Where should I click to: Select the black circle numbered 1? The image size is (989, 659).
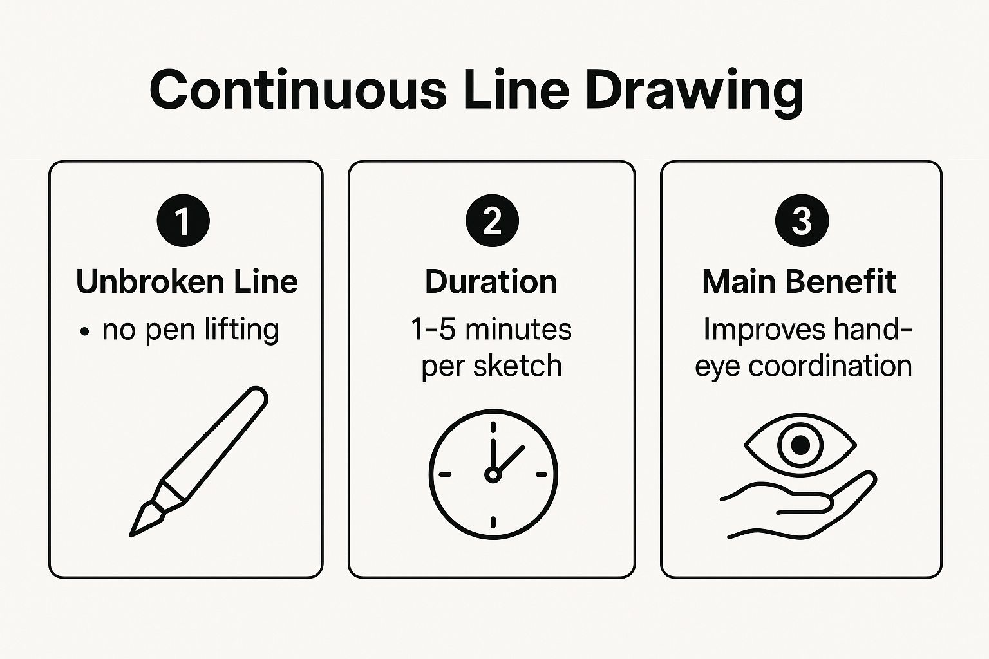(183, 221)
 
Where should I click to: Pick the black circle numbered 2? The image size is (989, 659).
(492, 221)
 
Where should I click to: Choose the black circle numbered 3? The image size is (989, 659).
(802, 221)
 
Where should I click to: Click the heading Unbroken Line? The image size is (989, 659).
(187, 282)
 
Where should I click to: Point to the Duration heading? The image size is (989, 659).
(491, 282)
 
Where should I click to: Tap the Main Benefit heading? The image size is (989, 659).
(799, 282)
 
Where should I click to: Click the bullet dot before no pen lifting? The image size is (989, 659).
(84, 332)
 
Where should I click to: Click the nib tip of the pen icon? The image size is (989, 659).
(134, 532)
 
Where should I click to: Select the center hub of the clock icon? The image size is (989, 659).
(493, 475)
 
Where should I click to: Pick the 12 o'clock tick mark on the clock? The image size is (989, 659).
(493, 427)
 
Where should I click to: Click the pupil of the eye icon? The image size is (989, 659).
(800, 445)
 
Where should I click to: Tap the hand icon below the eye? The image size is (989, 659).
(805, 508)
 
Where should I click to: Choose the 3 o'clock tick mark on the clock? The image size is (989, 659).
(541, 475)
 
